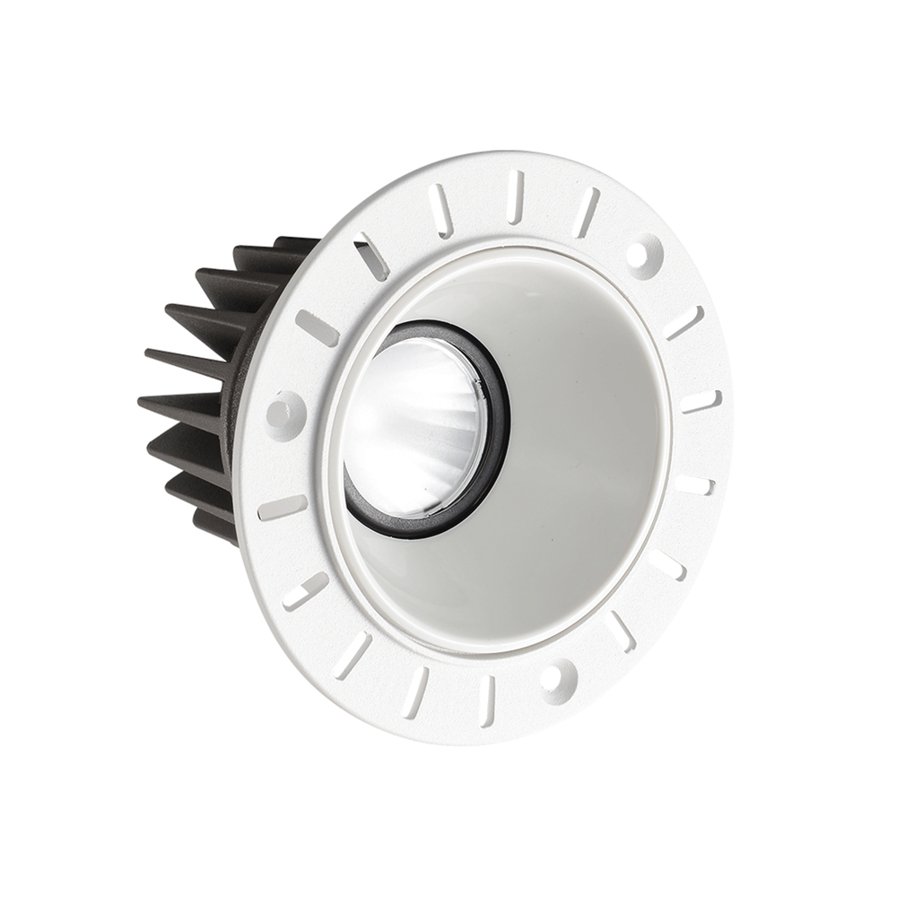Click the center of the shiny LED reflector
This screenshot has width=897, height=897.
point(414,422)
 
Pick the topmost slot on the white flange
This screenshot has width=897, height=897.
point(515,196)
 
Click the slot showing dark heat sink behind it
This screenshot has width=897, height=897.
point(370,256)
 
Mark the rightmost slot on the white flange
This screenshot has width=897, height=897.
point(701,401)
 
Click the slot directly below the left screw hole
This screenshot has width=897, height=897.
point(282,508)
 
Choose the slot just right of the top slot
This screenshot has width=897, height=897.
point(586,212)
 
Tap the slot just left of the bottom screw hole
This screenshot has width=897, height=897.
point(487,699)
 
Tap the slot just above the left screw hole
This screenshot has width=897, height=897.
point(318,328)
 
